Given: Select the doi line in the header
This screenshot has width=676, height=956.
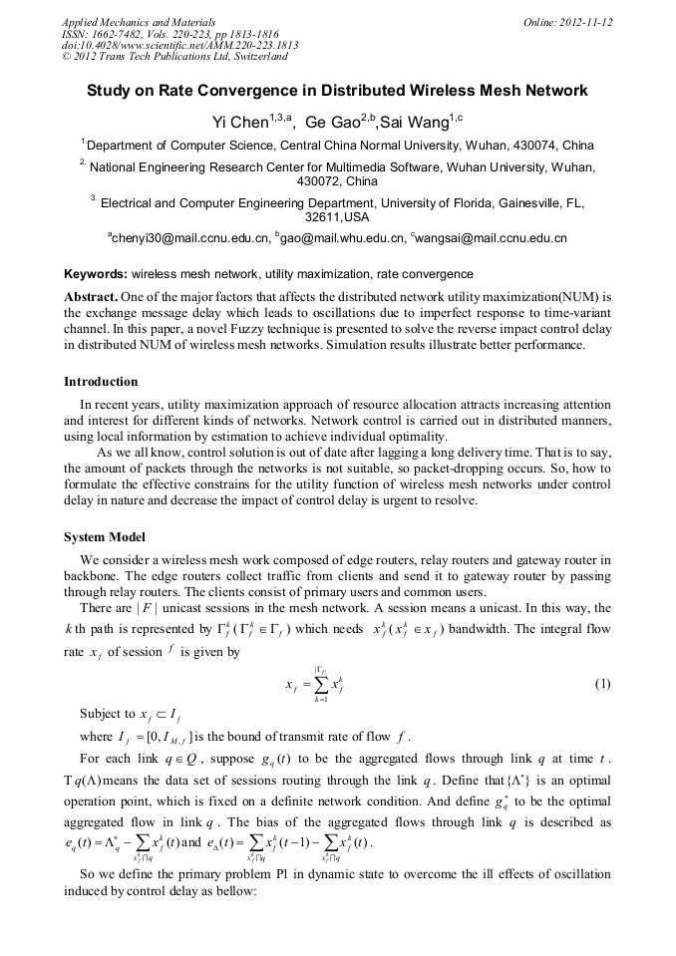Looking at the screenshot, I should (179, 45).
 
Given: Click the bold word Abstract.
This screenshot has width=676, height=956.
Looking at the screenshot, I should (91, 298).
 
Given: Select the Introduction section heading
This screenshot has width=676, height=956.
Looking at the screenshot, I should (101, 382).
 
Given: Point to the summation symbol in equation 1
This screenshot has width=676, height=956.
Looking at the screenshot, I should (321, 684).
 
